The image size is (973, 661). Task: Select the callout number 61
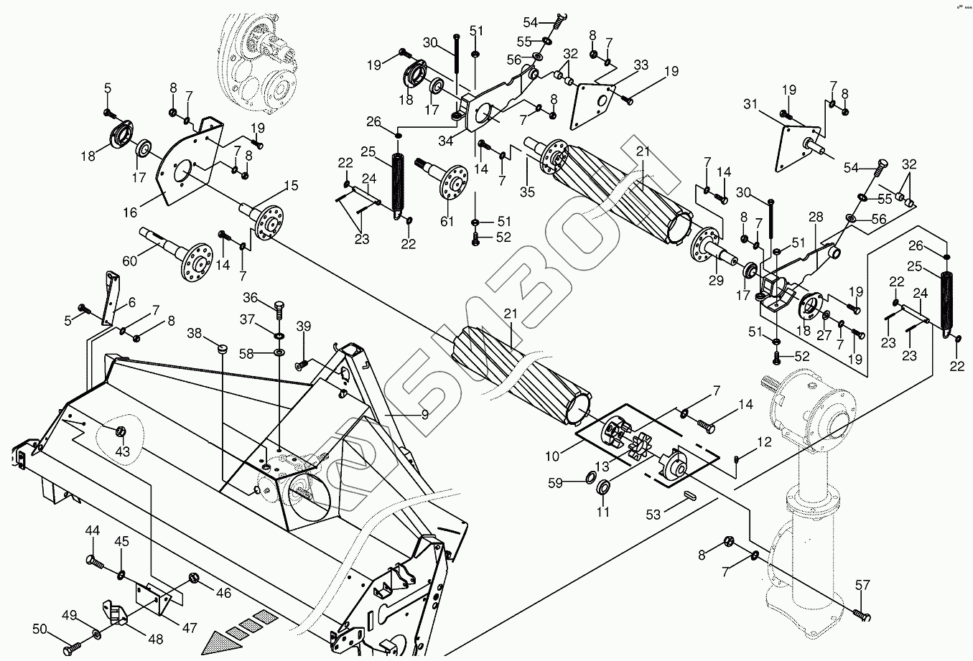(x=447, y=221)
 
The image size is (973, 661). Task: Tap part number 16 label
(x=130, y=212)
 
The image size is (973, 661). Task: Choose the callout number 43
(x=123, y=451)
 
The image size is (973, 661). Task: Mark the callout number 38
(x=194, y=333)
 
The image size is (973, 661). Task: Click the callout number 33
(x=641, y=65)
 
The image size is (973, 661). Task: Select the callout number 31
(x=751, y=104)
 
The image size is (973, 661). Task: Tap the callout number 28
(x=815, y=217)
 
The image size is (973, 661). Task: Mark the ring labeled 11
(x=603, y=489)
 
